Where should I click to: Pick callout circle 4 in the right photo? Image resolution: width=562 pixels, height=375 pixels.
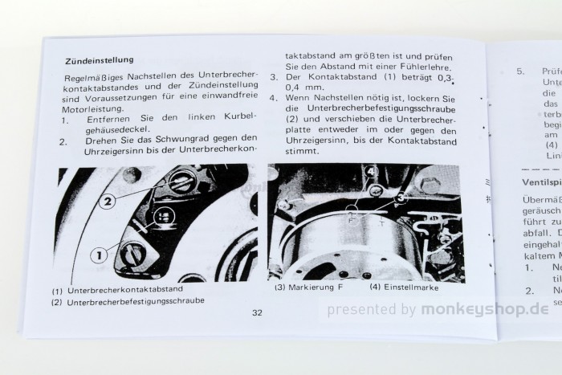point(370,172)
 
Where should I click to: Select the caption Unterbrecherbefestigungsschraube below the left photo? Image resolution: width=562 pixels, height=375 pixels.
point(138,301)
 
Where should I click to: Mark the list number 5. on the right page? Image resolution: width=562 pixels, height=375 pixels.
point(520,71)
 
